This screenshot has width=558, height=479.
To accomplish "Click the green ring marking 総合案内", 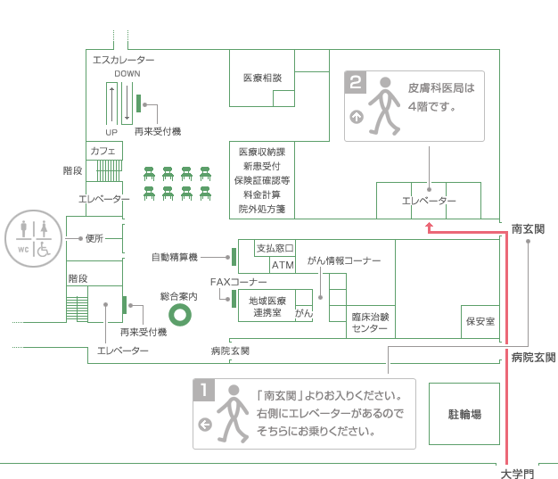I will click(x=182, y=315).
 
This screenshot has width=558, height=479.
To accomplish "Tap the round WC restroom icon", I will click(x=33, y=239).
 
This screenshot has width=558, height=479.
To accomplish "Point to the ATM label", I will click(x=283, y=265).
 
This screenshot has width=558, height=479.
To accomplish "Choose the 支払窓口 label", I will click(x=275, y=248).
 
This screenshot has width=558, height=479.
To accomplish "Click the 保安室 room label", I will click(x=480, y=321).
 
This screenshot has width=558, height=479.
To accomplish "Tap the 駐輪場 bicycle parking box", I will click(x=464, y=414).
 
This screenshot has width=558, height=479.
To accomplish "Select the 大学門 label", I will click(x=518, y=473).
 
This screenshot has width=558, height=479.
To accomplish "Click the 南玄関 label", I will click(x=528, y=229).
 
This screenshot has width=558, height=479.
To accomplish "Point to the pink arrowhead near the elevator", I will click(x=429, y=227).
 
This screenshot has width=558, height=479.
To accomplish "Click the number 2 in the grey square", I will click(x=356, y=83).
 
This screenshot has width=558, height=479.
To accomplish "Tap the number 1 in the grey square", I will click(x=204, y=390).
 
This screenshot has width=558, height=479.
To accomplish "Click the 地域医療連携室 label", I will click(x=268, y=306).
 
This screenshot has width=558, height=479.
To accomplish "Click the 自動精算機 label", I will click(x=175, y=258).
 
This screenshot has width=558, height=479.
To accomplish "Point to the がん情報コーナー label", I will click(x=344, y=260).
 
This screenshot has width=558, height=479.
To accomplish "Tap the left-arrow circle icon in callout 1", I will click(x=204, y=425).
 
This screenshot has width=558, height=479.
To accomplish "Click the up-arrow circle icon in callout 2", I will click(x=357, y=116).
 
